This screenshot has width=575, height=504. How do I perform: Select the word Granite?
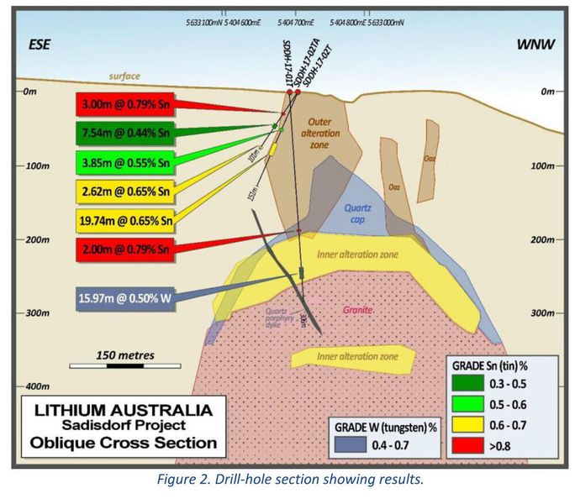[357, 310]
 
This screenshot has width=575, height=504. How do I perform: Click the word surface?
[124, 76]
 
